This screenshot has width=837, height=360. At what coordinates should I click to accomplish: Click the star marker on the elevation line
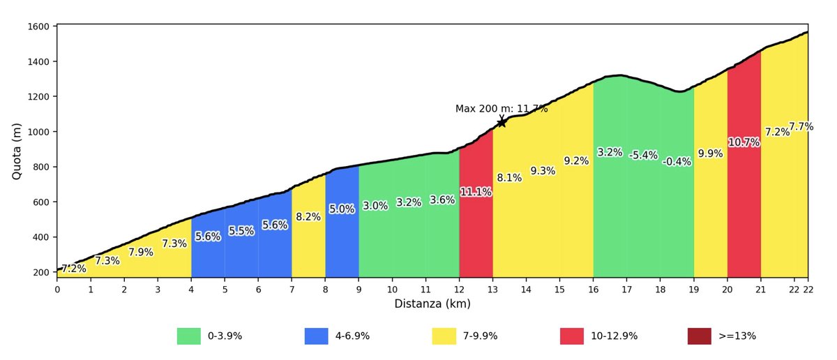[x=502, y=123]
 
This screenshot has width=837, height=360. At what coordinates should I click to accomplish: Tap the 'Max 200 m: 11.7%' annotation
[x=502, y=109]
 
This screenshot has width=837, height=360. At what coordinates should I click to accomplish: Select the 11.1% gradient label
[x=476, y=192]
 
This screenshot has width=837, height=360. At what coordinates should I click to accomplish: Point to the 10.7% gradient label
[x=744, y=142]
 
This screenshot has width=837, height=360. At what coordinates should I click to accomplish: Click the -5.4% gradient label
[x=643, y=156]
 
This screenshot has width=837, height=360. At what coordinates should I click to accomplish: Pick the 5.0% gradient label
[x=342, y=209]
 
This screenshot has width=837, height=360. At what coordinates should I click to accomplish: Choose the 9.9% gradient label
[x=710, y=153]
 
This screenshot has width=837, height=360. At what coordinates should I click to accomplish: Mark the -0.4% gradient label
[x=677, y=162]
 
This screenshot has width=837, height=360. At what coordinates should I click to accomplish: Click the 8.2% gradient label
[x=308, y=217]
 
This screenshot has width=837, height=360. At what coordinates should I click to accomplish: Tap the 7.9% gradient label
[x=141, y=253]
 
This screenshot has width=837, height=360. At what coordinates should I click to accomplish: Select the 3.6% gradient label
[x=442, y=200]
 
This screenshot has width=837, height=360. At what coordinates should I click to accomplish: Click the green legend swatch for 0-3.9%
[x=189, y=336]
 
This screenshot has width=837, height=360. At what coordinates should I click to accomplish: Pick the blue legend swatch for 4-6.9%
[x=317, y=336]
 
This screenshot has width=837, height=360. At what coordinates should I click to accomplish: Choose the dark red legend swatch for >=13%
[x=700, y=336]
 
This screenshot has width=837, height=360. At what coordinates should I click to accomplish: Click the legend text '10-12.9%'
[x=614, y=336]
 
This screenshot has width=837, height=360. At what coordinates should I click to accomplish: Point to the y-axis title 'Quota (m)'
[x=17, y=151]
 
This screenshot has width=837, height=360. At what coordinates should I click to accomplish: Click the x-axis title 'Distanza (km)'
[x=432, y=304]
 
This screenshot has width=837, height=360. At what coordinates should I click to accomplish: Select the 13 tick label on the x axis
[x=492, y=290]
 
